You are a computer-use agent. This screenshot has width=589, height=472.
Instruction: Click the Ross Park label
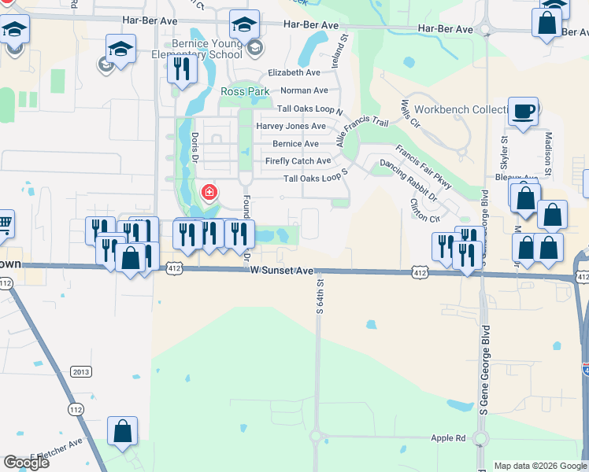[245, 92]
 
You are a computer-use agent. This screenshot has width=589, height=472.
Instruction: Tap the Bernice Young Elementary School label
[205, 49]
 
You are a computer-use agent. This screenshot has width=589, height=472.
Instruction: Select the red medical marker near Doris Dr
[209, 191]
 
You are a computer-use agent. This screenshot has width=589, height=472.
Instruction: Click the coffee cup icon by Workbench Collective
[523, 112]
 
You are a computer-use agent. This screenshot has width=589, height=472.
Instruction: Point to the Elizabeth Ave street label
[294, 72]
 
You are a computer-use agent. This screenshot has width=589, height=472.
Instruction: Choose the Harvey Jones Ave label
[291, 126]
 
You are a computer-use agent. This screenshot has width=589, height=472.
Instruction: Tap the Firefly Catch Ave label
[298, 161]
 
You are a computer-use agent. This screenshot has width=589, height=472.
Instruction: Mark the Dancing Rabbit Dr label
[408, 175]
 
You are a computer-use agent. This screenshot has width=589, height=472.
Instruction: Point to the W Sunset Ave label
[282, 270]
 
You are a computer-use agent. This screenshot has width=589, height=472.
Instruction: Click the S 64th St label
[320, 296]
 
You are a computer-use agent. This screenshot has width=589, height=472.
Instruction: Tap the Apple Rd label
[448, 437]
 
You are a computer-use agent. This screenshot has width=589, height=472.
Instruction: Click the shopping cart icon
[4, 223]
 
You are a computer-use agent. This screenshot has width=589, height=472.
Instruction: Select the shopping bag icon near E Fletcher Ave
[122, 431]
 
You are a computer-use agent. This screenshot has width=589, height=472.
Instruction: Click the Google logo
[26, 463]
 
